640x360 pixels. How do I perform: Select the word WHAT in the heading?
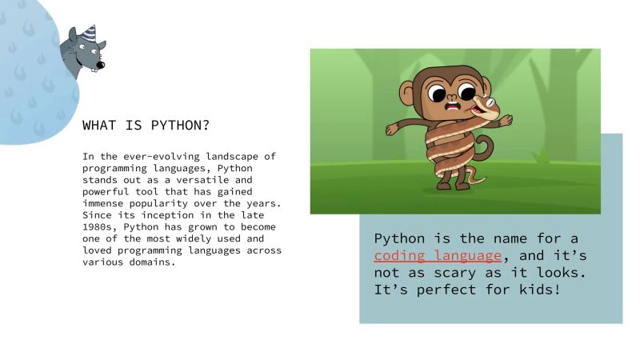pyautogui.click(x=99, y=126)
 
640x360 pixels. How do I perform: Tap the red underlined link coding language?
pyautogui.click(x=438, y=256)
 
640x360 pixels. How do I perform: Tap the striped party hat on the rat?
pyautogui.click(x=86, y=34)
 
